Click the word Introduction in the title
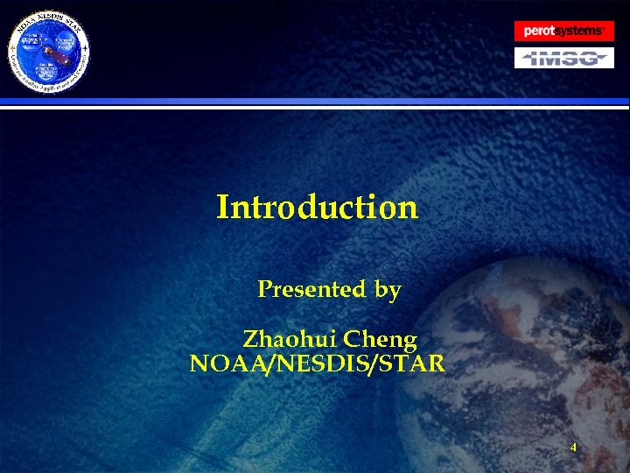(317, 208)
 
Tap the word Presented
(311, 289)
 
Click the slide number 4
(573, 448)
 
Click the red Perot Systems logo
(563, 31)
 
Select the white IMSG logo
(563, 58)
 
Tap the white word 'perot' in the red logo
(539, 31)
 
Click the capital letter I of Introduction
(223, 208)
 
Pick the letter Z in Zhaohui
(249, 338)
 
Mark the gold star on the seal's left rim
(11, 49)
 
